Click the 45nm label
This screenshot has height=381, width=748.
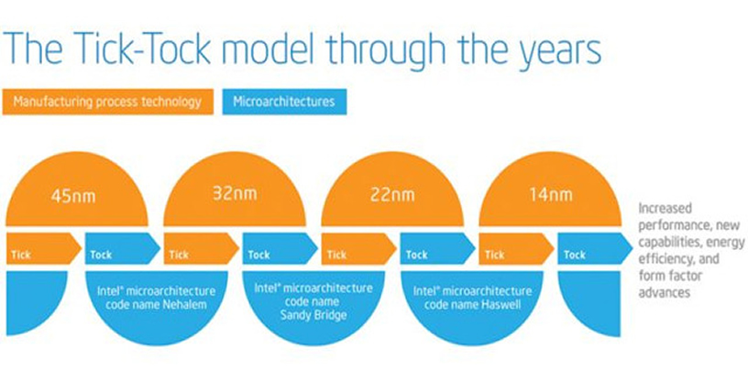(73, 195)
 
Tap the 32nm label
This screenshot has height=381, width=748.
(235, 193)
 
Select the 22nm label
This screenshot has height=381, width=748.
(392, 194)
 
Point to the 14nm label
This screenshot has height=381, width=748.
(551, 193)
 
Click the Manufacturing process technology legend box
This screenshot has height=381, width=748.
(108, 102)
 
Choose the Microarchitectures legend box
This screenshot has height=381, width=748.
(284, 102)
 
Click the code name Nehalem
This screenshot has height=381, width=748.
(156, 304)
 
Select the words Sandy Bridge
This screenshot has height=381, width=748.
(313, 315)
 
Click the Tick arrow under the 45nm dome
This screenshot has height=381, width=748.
(43, 248)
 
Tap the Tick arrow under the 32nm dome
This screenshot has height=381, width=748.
(202, 248)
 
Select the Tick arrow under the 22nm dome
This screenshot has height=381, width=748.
(359, 248)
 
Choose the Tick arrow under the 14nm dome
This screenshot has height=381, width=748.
(517, 248)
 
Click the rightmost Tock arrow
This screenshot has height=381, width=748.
(595, 248)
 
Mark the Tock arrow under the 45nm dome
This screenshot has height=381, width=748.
(123, 248)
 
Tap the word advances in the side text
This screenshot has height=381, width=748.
(664, 292)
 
